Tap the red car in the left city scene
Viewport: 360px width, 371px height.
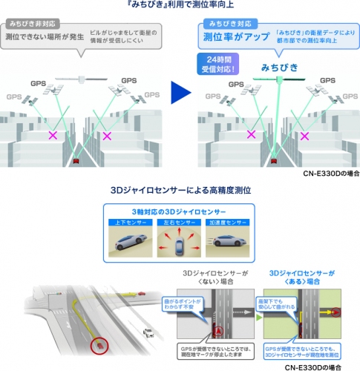[x=76, y=159]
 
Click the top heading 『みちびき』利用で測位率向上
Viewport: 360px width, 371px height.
[x=180, y=6]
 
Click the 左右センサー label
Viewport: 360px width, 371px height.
[x=180, y=220]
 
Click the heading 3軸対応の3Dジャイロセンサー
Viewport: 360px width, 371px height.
[x=180, y=209]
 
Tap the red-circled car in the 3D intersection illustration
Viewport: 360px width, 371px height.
[x=96, y=344]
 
